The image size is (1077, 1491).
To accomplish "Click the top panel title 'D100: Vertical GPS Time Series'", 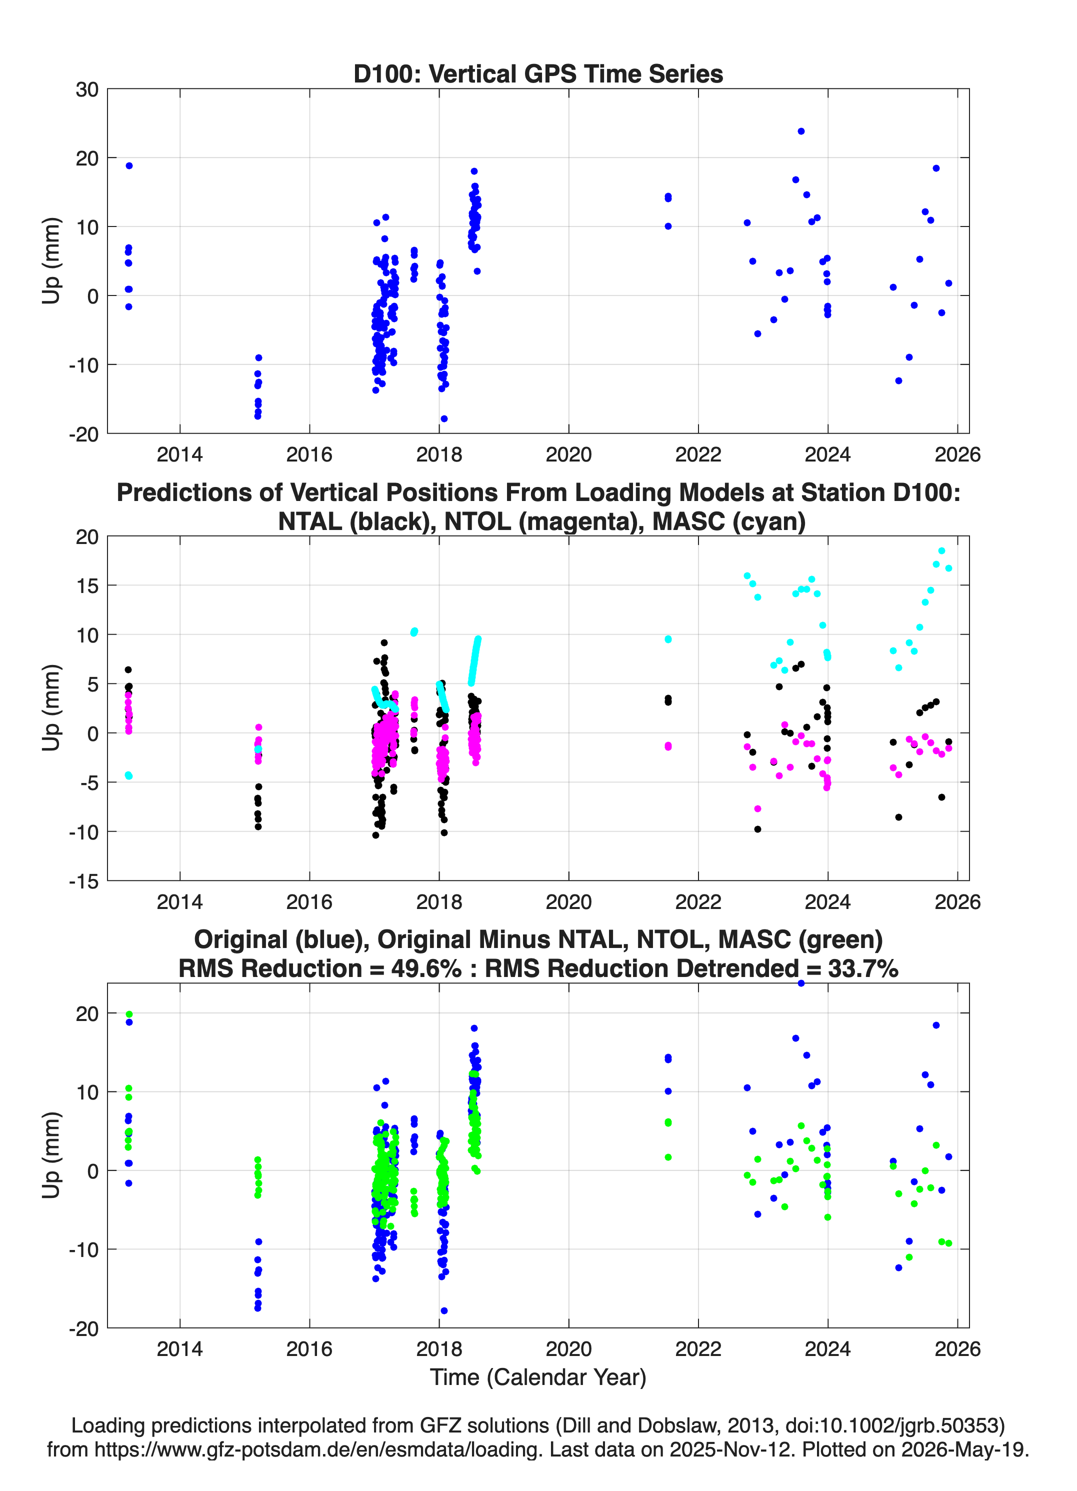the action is [x=538, y=73].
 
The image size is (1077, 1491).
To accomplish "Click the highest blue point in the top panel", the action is [x=801, y=131].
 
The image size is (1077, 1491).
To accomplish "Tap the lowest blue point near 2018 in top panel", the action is [x=444, y=419].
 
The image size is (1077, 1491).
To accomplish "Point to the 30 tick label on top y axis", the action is [x=87, y=89].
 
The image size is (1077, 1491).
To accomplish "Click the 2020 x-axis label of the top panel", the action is [x=568, y=454].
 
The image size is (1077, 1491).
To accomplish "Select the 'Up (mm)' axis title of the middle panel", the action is [x=51, y=708].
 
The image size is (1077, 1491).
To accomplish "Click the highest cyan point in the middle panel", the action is [x=941, y=551].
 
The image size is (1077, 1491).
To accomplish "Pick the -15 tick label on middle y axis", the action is [x=84, y=881].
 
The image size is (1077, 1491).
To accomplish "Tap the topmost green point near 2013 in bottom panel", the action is [x=129, y=1014].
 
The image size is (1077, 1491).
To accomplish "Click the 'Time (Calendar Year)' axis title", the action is [x=538, y=1377].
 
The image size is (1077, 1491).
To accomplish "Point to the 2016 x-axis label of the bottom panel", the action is [x=309, y=1349].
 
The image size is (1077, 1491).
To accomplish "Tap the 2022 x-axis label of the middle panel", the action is [x=698, y=902].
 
